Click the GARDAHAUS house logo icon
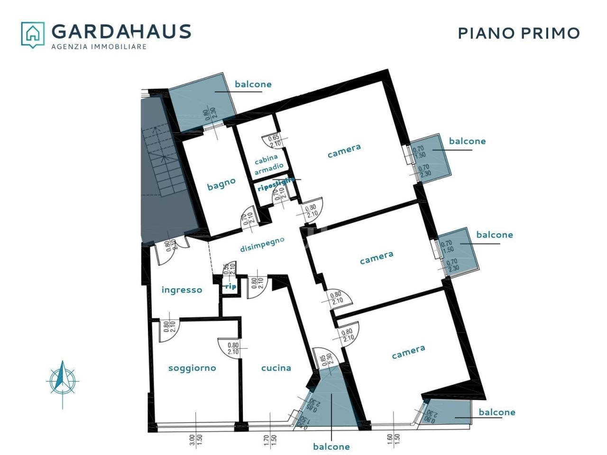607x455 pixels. (x=33, y=35)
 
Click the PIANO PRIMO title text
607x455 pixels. (x=519, y=33)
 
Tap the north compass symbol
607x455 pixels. (x=63, y=381)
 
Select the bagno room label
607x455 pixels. (x=221, y=184)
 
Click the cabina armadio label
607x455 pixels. (x=269, y=162)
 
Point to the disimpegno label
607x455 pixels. (x=262, y=244)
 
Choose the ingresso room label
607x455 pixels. (x=182, y=290)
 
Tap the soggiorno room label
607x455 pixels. (x=192, y=368)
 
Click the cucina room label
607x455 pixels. (x=276, y=368)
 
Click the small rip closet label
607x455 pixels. (x=230, y=287)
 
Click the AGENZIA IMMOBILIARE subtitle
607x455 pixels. (x=99, y=46)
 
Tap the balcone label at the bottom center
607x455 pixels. (x=331, y=446)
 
